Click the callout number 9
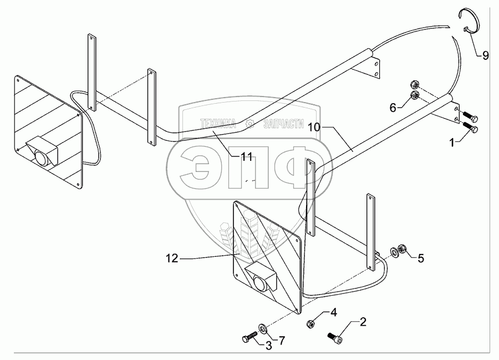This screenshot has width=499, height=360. pos(485,55)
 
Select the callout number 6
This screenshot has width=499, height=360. pos(393,108)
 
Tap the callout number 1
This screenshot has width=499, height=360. pos(453,142)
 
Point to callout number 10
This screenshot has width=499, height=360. pos(314,126)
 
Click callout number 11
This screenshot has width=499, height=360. pos(247,157)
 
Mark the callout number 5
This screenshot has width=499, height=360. pos(421,257)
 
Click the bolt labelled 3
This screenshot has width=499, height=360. pos(248,337)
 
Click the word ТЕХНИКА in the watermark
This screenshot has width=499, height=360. pos(218,123)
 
